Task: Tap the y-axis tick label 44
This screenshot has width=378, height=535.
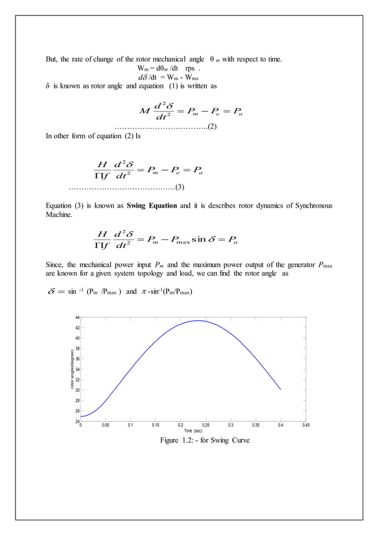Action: [x=77, y=318]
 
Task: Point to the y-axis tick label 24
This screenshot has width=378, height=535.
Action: [x=77, y=421]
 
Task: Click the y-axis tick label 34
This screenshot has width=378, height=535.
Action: [x=77, y=370]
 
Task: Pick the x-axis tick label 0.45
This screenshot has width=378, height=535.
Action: [x=306, y=425]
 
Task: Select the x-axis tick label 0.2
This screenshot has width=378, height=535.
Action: [x=181, y=425]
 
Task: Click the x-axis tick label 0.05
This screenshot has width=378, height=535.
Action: [x=105, y=425]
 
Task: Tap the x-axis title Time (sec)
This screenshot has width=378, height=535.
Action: [x=193, y=431]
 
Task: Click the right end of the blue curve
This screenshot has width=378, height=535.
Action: [x=280, y=390]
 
